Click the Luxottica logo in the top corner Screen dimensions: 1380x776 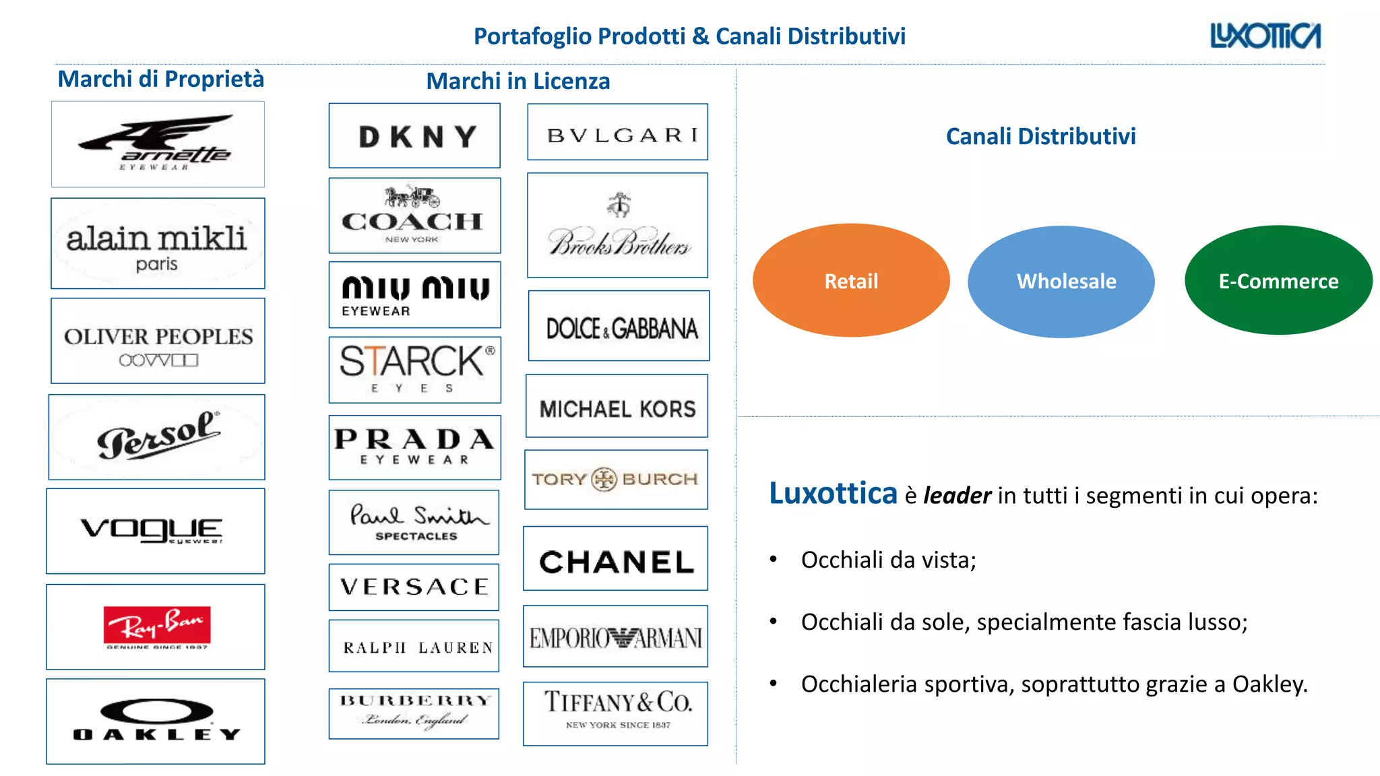[1265, 36]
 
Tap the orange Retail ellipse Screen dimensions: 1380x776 [851, 280]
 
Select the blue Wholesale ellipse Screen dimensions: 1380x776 [1062, 281]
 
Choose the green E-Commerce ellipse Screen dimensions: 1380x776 [1278, 280]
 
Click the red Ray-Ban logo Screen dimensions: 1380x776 [156, 625]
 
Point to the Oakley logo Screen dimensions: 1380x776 [156, 721]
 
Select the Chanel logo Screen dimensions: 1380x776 [616, 561]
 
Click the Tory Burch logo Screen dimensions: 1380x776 [615, 479]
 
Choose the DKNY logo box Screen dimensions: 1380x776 [415, 136]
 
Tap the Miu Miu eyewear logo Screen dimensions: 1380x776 [415, 294]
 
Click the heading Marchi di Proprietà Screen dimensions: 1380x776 [160, 79]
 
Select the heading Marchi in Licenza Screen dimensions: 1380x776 [518, 81]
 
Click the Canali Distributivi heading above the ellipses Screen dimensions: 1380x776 [1040, 136]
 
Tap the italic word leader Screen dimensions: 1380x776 [957, 496]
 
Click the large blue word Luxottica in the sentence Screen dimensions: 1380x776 [833, 494]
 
